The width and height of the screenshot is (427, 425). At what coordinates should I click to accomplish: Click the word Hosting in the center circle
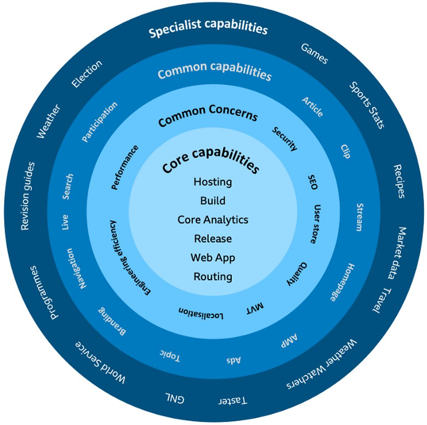pyautogui.click(x=213, y=182)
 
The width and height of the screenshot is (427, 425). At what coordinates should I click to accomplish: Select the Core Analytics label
pyautogui.click(x=213, y=220)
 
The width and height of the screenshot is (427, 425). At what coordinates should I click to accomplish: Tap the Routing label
pyautogui.click(x=213, y=277)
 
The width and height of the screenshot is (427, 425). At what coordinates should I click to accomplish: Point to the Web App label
pyautogui.click(x=213, y=257)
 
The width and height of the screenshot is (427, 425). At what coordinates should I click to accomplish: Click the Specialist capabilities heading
pyautogui.click(x=208, y=29)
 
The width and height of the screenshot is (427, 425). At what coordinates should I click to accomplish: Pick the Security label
pyautogui.click(x=285, y=139)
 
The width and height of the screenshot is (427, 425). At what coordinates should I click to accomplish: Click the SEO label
pyautogui.click(x=313, y=181)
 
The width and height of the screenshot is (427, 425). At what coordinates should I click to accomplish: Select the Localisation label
pyautogui.click(x=201, y=313)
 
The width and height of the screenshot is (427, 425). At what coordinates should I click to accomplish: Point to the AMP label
pyautogui.click(x=289, y=341)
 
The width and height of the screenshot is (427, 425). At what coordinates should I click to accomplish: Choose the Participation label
pyautogui.click(x=100, y=122)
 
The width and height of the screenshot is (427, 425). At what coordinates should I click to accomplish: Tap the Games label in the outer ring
pyautogui.click(x=314, y=54)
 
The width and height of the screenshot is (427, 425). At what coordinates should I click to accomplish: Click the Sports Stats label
pyautogui.click(x=367, y=105)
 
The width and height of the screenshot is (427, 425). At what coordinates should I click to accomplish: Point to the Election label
pyautogui.click(x=87, y=74)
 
